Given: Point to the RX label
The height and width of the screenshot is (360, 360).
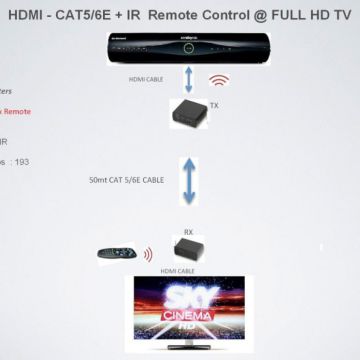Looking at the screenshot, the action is tap(188, 231).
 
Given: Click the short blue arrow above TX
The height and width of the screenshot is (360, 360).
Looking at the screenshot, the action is tap(187, 79).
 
